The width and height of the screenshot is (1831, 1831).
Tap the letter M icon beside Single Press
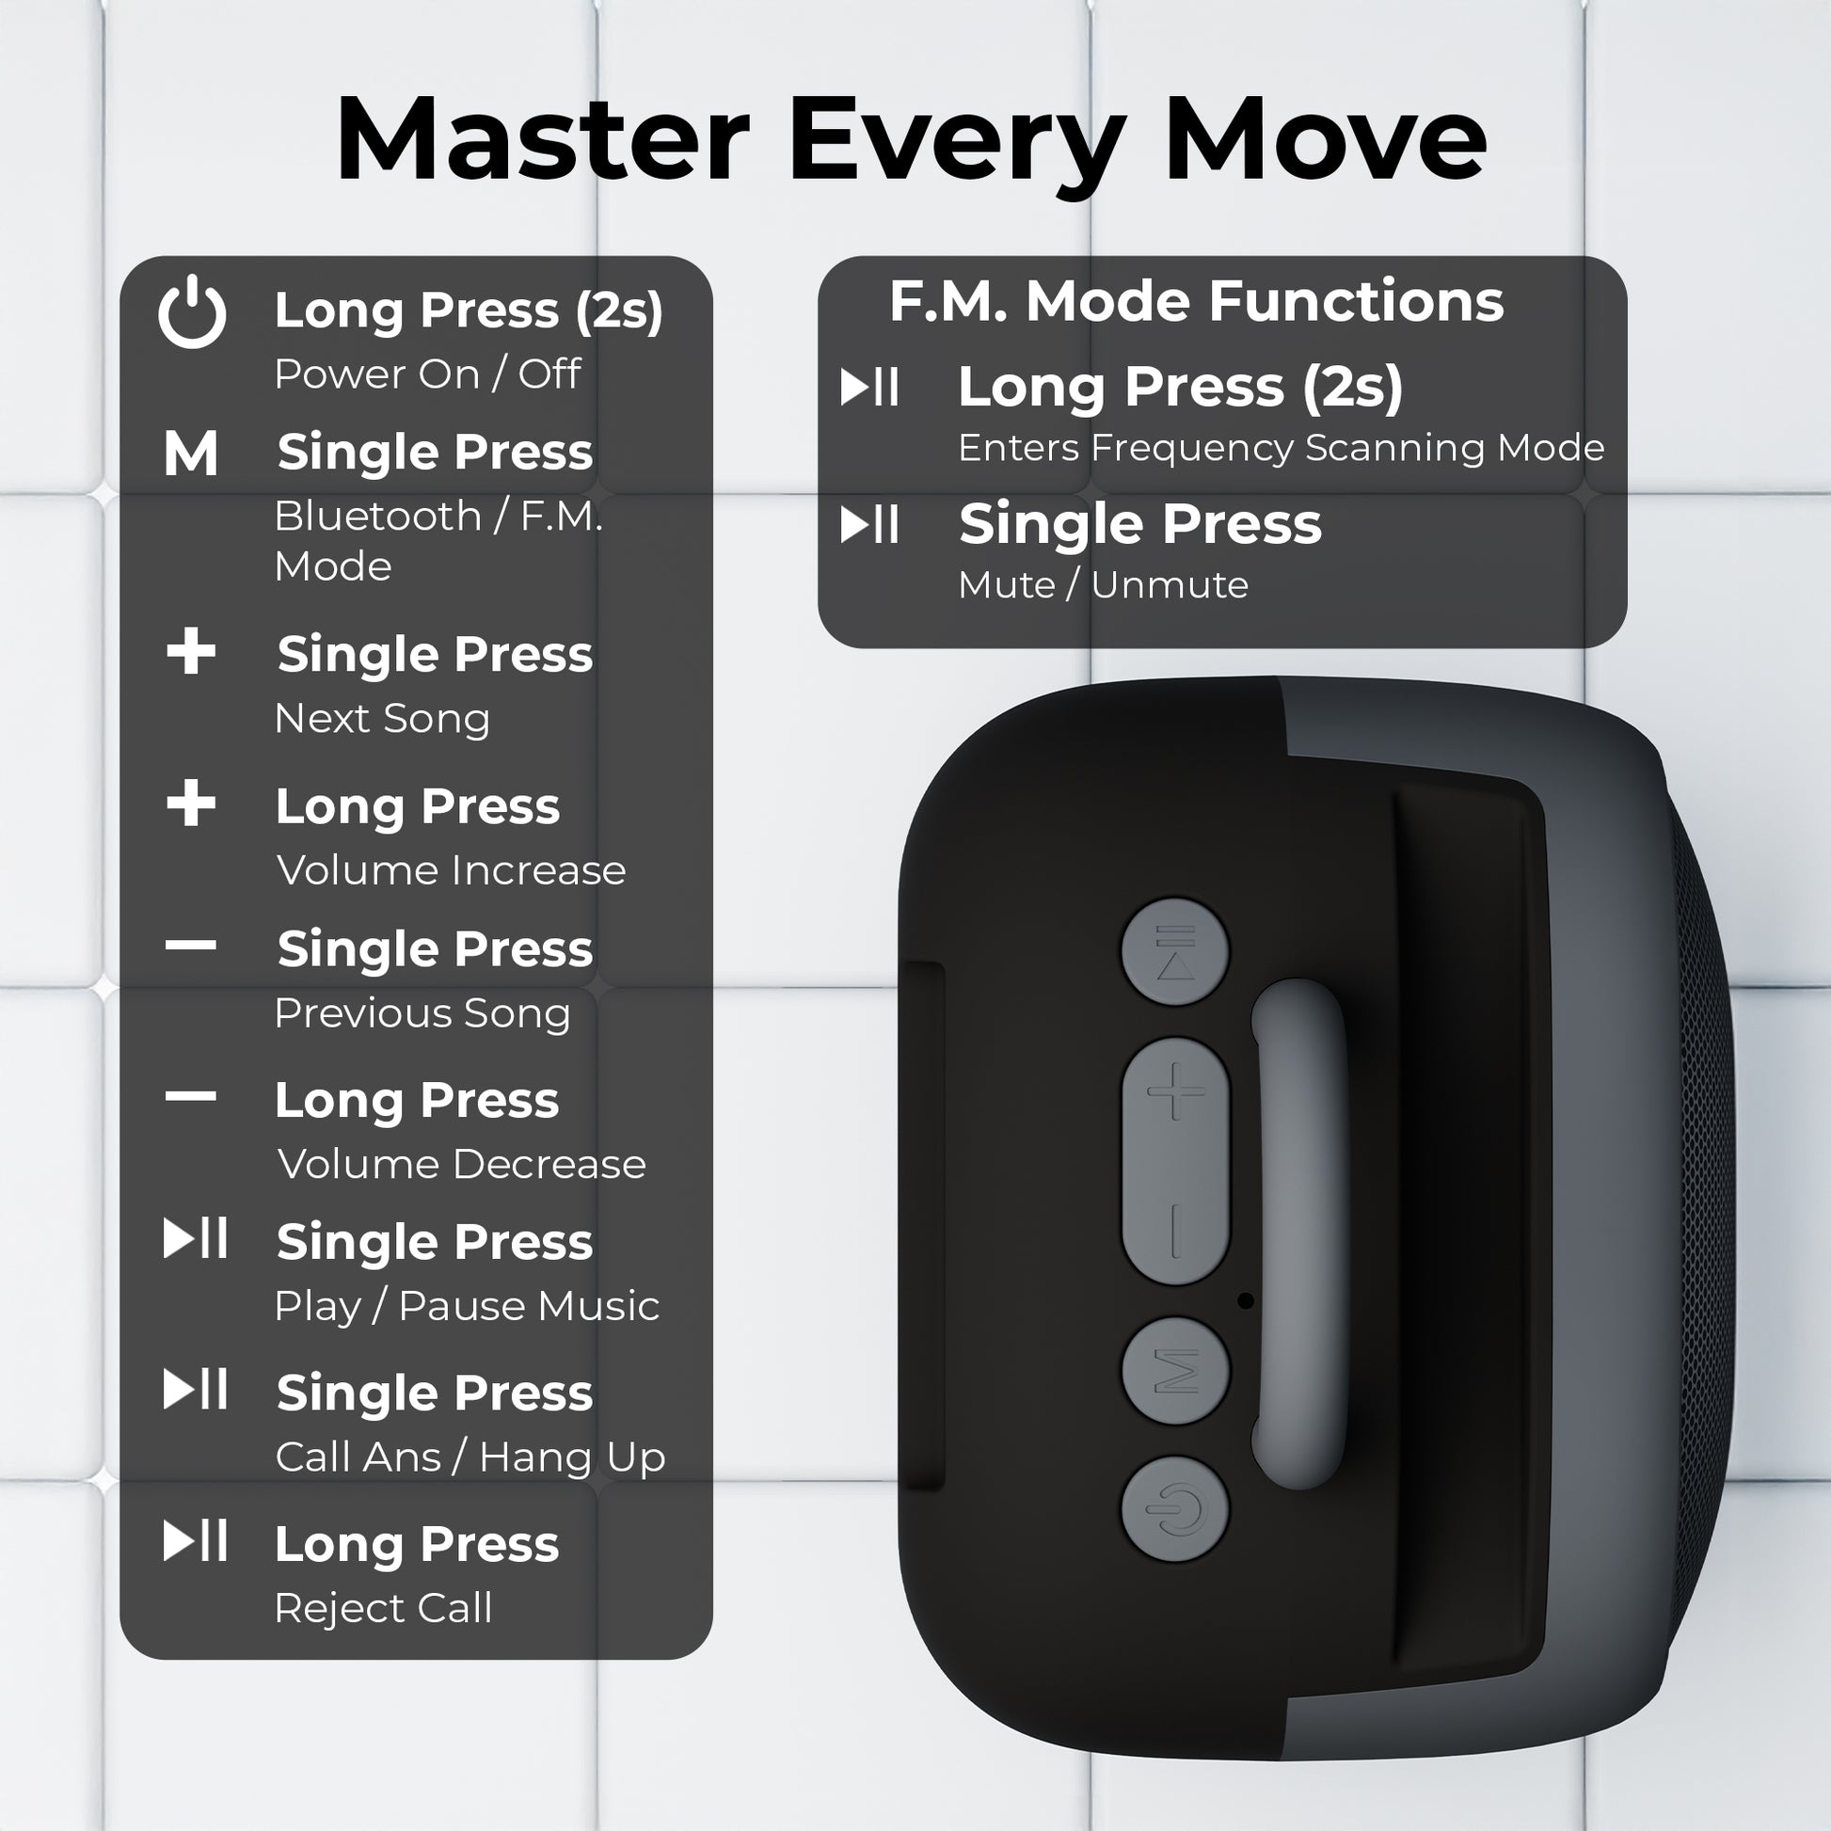[x=190, y=453]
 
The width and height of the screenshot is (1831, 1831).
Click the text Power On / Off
[x=427, y=374]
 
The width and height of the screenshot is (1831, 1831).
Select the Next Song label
[x=382, y=718]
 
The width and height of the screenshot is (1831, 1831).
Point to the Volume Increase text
[x=451, y=870]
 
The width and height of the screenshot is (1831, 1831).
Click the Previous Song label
[x=422, y=1013]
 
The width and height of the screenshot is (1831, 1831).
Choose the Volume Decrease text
[x=462, y=1164]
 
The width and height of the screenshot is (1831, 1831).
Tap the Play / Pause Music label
[x=468, y=1306]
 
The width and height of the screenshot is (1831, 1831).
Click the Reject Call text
[x=383, y=1607]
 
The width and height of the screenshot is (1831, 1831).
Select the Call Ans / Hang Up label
[x=471, y=1457]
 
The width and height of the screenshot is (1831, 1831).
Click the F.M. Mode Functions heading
[x=1196, y=301]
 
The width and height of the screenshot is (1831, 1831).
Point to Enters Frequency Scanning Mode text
[x=1282, y=447]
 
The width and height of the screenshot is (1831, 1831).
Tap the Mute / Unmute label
[x=1103, y=584]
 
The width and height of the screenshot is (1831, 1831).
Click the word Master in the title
[x=542, y=139]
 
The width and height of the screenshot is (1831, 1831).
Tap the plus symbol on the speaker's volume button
[x=1175, y=1091]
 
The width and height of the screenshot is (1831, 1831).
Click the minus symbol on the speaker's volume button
[x=1175, y=1231]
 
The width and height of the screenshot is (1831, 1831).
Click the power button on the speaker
[x=1175, y=1509]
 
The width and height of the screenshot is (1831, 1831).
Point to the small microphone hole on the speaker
[x=1246, y=1301]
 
